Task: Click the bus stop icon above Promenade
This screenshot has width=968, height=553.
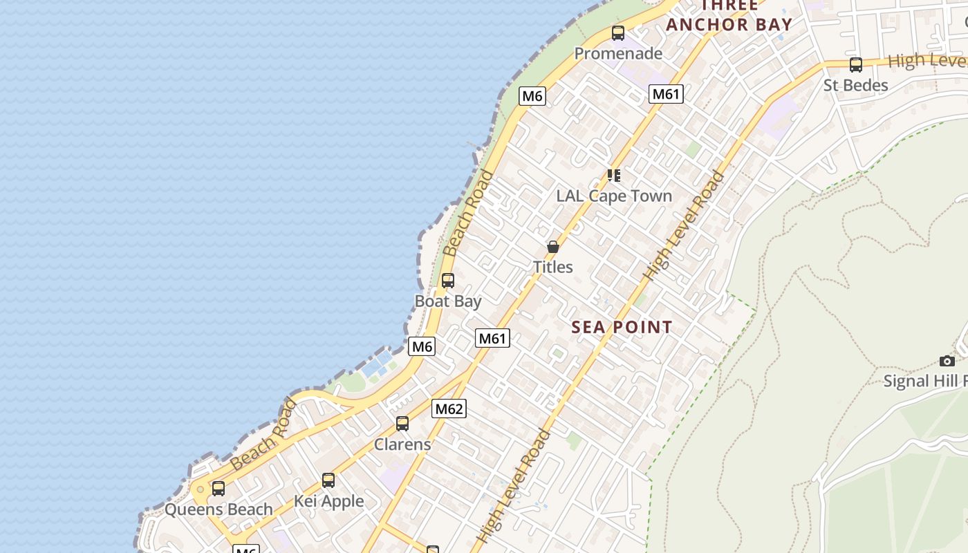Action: [x=618, y=32]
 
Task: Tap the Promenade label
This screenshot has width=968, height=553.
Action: [x=618, y=53]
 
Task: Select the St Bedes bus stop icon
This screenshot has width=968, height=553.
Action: [x=856, y=65]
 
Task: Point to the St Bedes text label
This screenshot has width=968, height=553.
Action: [x=855, y=85]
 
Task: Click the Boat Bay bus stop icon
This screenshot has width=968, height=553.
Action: [x=448, y=281]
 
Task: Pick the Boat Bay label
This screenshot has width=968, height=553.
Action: [x=448, y=301]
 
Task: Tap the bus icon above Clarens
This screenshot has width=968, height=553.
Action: [x=402, y=424]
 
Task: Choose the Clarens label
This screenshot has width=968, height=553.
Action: [x=402, y=444]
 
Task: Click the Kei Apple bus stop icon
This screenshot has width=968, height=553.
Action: [x=328, y=480]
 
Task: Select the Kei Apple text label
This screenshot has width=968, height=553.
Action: [x=328, y=500]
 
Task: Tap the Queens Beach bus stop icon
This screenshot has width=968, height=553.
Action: [x=218, y=489]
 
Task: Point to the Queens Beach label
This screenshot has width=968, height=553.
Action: [x=218, y=509]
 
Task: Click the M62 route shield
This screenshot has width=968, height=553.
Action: [x=449, y=409]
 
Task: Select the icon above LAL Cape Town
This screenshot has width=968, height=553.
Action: [x=614, y=176]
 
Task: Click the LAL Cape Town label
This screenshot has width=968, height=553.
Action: [x=614, y=196]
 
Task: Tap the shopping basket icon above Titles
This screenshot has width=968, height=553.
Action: [x=553, y=247]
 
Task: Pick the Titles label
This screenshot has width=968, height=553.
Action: [x=553, y=267]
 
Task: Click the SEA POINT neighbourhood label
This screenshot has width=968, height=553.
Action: [x=622, y=327]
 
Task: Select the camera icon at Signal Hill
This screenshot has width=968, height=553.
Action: [x=947, y=361]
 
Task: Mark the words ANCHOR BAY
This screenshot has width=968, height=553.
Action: [x=729, y=24]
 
